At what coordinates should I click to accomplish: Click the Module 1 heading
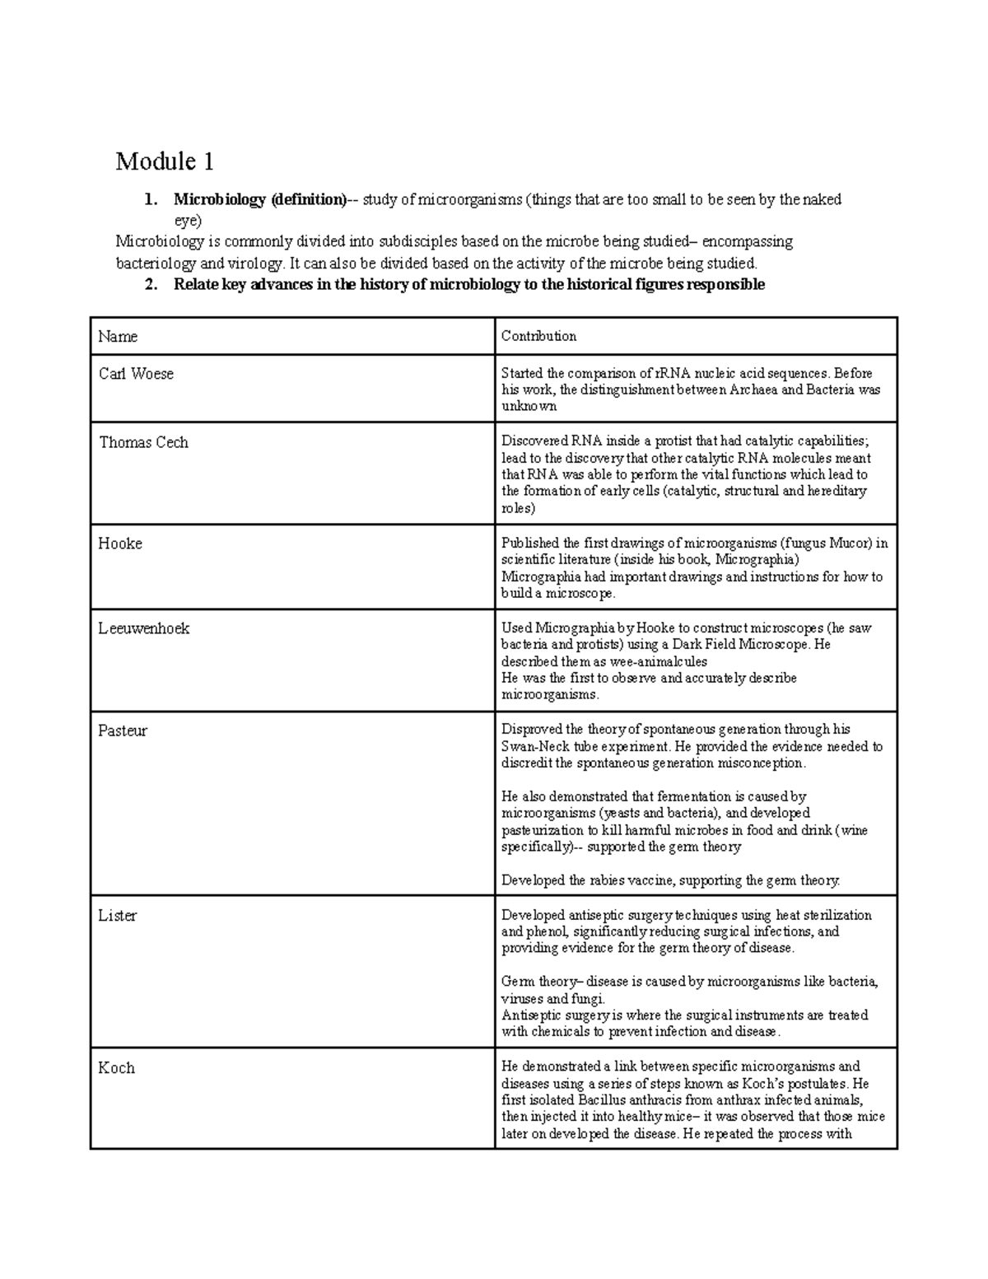tap(165, 161)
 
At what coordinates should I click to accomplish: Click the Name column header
tap(118, 336)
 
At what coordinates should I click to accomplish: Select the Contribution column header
tap(538, 336)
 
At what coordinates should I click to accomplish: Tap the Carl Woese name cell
tap(136, 374)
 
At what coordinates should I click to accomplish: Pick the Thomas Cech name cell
tap(143, 442)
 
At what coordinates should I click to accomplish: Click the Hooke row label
tap(120, 544)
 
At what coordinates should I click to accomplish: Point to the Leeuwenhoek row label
tap(143, 628)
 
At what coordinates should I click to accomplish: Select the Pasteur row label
tap(123, 731)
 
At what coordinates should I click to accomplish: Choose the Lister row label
tap(117, 916)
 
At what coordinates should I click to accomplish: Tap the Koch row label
tap(116, 1068)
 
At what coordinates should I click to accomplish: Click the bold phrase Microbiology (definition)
tap(259, 199)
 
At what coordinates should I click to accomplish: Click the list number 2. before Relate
tap(150, 285)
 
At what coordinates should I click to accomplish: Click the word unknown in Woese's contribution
tap(529, 406)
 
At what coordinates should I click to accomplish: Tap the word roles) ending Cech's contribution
tap(518, 508)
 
